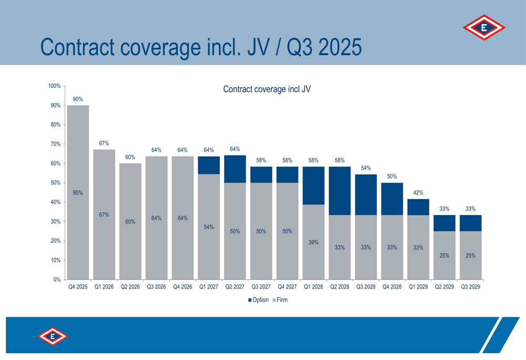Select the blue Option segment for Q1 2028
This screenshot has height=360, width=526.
click(313, 186)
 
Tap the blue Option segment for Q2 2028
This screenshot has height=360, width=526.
click(339, 191)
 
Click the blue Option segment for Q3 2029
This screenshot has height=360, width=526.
click(470, 223)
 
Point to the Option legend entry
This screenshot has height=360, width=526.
click(258, 300)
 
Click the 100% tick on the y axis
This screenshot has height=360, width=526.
click(54, 86)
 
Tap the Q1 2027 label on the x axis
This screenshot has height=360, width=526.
click(209, 287)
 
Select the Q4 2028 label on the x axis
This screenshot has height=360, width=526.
click(392, 287)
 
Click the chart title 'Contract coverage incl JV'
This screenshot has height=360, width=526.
click(267, 89)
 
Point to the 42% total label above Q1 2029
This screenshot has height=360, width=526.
click(418, 193)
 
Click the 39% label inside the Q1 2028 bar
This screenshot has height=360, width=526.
click(313, 242)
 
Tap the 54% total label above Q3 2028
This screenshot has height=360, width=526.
click(366, 168)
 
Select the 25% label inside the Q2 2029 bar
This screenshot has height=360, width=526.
click(444, 256)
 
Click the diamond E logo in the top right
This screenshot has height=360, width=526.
click(484, 28)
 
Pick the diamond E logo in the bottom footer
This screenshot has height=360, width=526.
click(53, 336)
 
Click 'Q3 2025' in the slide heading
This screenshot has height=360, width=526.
click(325, 47)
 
